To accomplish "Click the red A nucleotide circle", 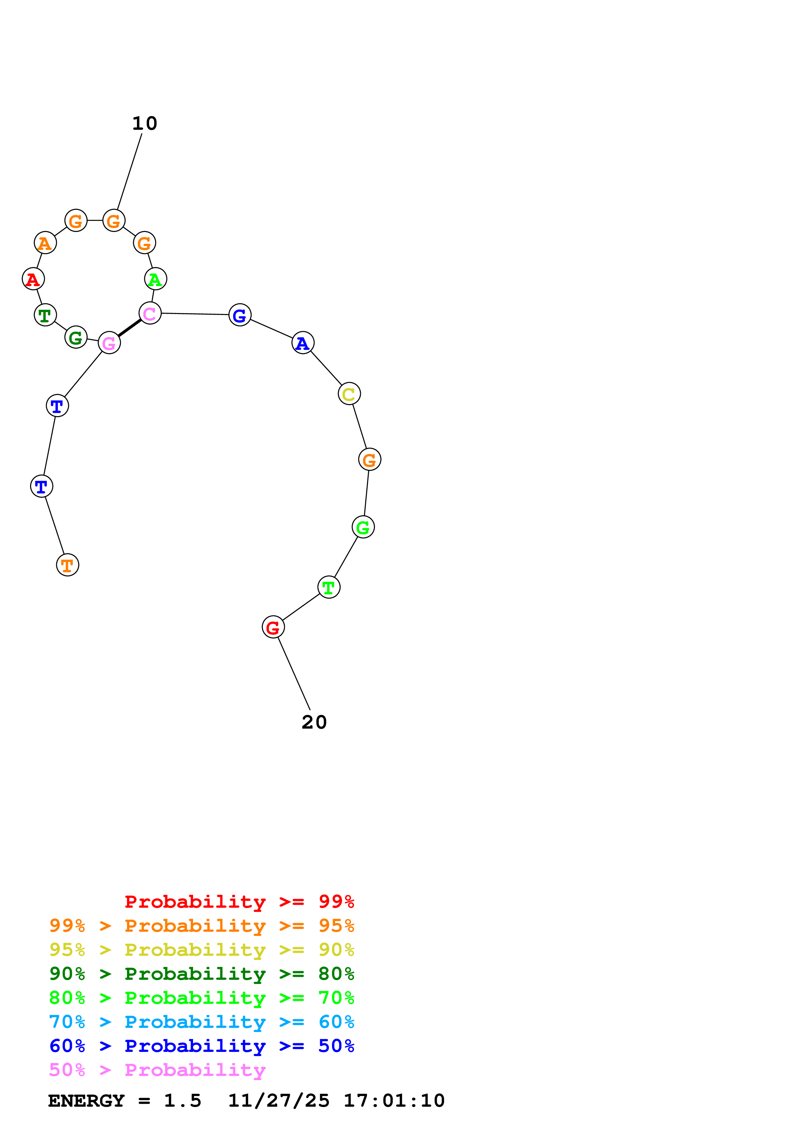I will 33,279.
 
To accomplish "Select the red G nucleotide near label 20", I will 273,627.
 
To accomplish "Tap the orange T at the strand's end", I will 68,565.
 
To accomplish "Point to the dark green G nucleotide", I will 76,337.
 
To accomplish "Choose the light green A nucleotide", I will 156,279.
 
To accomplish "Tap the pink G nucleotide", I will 109,343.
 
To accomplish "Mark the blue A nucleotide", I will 303,343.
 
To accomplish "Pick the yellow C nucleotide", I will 349,393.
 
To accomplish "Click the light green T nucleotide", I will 329,587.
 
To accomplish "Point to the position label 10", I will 145,123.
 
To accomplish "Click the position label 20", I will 314,722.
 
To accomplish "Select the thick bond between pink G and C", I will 129,328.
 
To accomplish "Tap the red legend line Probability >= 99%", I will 239,902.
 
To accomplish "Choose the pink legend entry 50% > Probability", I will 157,1070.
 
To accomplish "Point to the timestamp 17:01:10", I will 394,1101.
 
